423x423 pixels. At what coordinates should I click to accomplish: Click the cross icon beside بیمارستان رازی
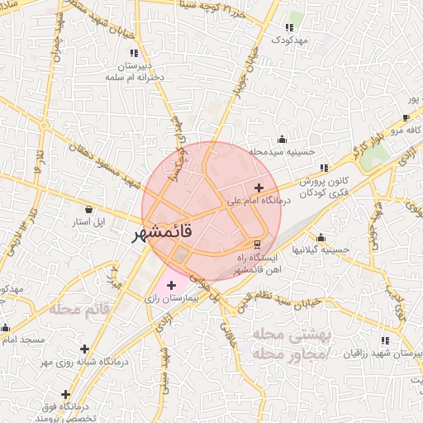pos(171,285)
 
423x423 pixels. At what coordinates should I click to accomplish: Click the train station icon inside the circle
pos(256,245)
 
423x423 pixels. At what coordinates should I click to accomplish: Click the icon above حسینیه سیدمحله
pos(283,139)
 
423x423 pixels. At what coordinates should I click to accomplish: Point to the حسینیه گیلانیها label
pos(324,250)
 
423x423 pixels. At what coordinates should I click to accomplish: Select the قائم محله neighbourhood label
pos(79,310)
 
